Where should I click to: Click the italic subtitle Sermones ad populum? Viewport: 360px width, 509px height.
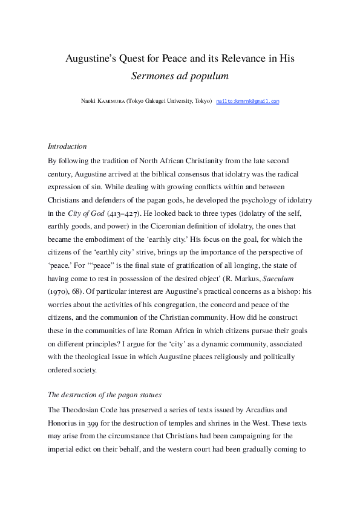180,76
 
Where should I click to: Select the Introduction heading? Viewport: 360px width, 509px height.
67,146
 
